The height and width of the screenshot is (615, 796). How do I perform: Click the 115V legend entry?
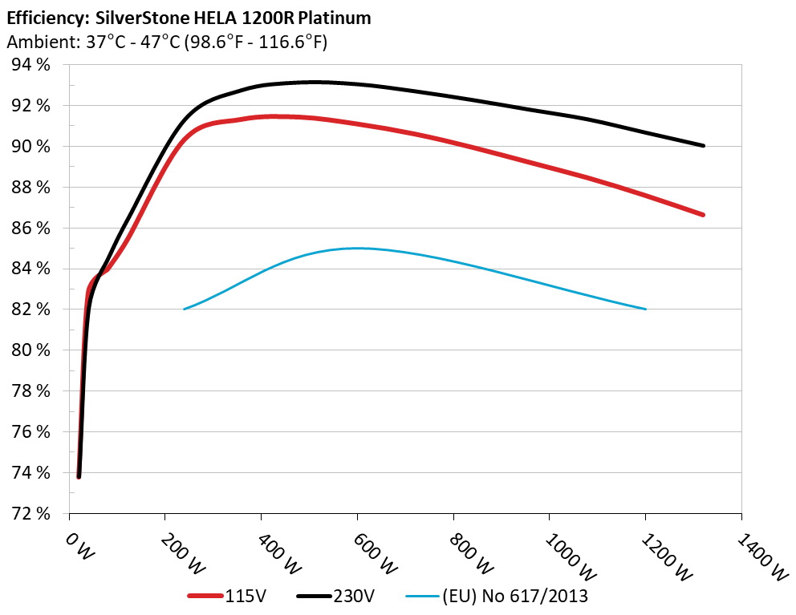[x=234, y=596]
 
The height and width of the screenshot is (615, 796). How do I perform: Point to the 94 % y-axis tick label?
[x=31, y=65]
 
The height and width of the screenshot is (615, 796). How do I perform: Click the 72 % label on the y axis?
[x=31, y=513]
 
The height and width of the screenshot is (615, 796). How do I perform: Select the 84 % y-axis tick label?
[x=31, y=269]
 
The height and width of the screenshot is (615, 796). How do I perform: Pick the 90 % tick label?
[x=31, y=147]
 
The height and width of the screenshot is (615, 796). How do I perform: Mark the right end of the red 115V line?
[x=703, y=215]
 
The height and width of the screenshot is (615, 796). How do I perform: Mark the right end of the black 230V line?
[x=703, y=146]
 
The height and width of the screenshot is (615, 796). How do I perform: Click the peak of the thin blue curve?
[x=358, y=248]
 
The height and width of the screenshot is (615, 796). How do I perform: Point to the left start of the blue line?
[x=185, y=309]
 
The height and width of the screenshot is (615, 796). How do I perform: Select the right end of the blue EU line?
[x=645, y=309]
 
